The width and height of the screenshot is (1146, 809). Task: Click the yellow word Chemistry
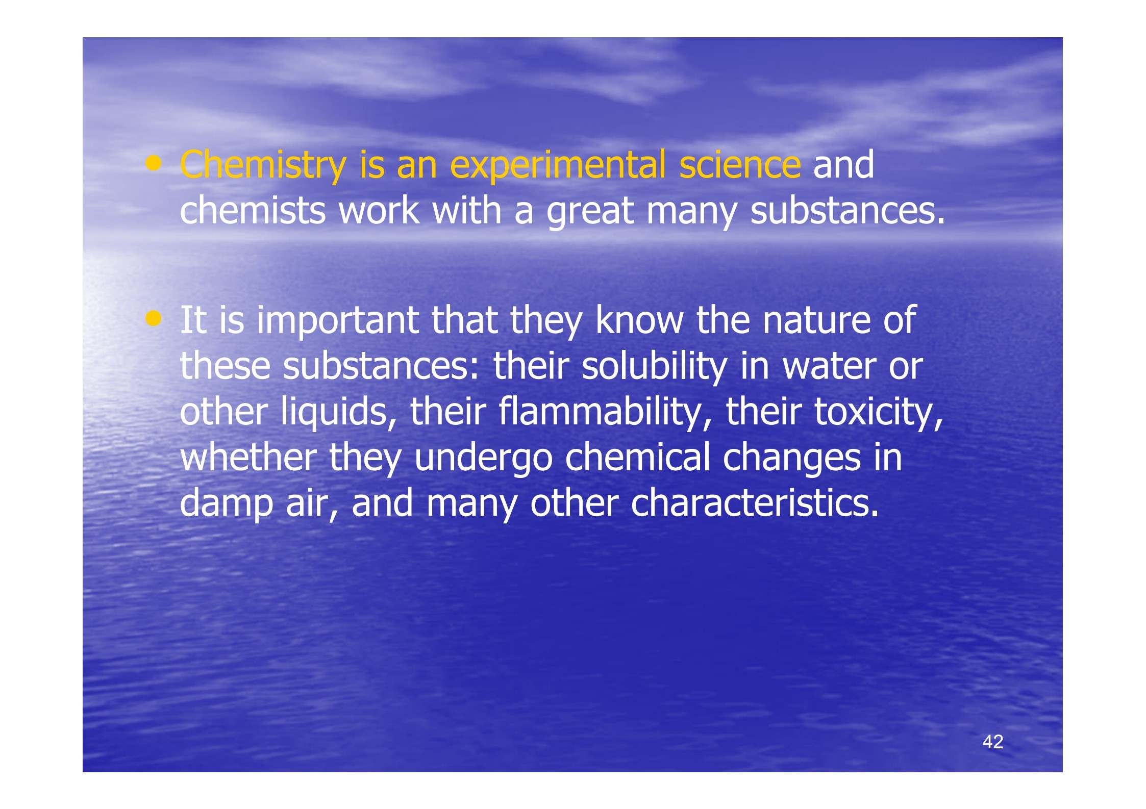click(263, 165)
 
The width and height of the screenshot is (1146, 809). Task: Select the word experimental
click(558, 165)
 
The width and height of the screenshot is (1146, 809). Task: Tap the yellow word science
click(740, 165)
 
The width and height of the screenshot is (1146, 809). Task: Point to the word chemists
click(253, 210)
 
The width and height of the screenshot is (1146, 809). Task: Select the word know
click(639, 320)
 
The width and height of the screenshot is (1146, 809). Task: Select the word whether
click(248, 457)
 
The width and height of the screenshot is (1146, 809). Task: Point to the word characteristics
click(755, 502)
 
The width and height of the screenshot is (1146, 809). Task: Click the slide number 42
click(992, 742)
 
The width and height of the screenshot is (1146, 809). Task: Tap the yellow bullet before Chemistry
click(153, 164)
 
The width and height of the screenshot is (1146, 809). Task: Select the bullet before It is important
click(153, 319)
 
